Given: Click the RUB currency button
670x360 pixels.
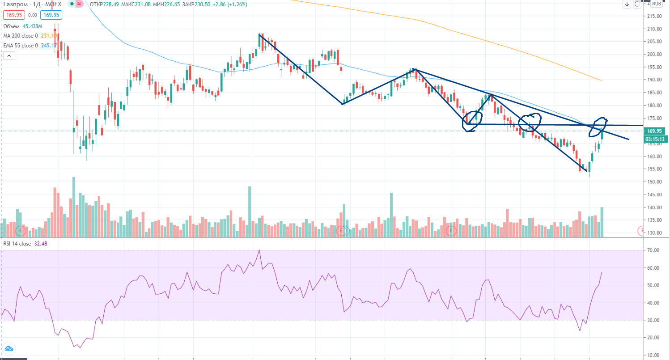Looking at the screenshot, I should [657, 4].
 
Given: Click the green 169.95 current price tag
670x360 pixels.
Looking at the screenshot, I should [656, 131].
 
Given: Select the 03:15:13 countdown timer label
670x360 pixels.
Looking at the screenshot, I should [656, 139].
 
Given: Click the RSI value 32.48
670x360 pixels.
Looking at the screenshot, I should [41, 244].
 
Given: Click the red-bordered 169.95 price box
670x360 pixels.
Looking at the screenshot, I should [13, 15].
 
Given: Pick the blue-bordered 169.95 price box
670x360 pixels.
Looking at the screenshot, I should [51, 15].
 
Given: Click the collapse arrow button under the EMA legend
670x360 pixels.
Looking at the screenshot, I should [9, 56].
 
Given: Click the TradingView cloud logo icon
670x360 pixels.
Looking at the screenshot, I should [9, 348].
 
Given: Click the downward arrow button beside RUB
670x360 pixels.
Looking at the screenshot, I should [627, 4].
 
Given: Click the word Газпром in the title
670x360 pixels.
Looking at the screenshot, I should [14, 4].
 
